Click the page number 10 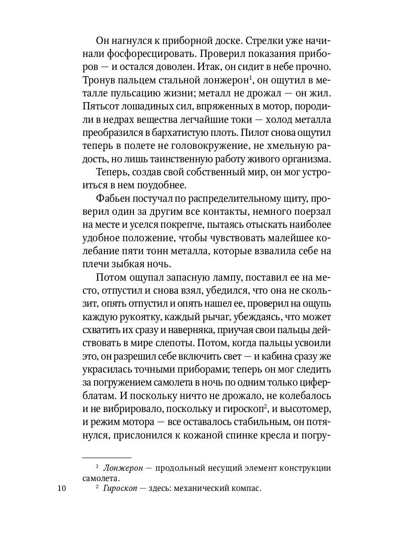pyautogui.click(x=62, y=489)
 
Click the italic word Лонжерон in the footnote pyautogui.click(x=126, y=468)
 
